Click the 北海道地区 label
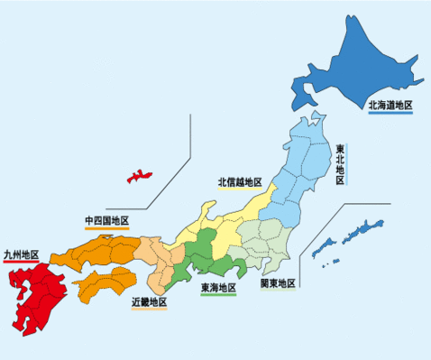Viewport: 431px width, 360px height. tap(390, 106)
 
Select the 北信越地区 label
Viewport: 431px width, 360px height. tap(240, 182)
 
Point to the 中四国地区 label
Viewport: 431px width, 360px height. tap(106, 221)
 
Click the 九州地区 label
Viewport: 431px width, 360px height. tap(21, 255)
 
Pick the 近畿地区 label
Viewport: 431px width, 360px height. tap(149, 301)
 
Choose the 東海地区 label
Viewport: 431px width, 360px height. tap(218, 288)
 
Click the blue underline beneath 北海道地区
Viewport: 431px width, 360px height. tap(390, 114)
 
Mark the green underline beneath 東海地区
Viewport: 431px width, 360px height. tap(218, 296)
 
